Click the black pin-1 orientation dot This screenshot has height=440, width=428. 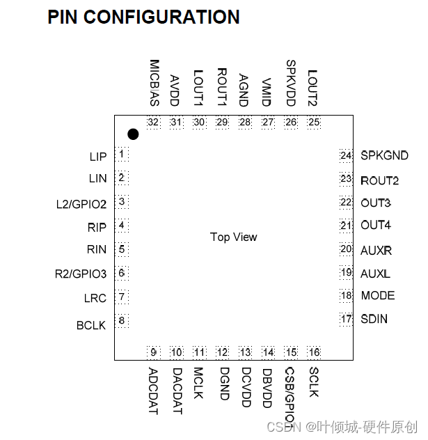click(x=133, y=134)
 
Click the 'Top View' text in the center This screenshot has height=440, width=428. click(x=234, y=237)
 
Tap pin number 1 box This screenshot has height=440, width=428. click(x=122, y=154)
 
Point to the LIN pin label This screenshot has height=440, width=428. click(x=97, y=178)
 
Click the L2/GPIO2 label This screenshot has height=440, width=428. click(x=81, y=204)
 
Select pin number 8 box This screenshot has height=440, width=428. click(x=122, y=321)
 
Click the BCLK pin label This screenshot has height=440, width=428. click(x=91, y=325)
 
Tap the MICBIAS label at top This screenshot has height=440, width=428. click(x=154, y=83)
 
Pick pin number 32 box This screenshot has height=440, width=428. click(x=154, y=123)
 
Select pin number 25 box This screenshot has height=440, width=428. click(x=314, y=123)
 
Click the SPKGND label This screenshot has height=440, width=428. click(x=384, y=156)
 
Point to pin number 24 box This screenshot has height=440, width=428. click(x=346, y=155)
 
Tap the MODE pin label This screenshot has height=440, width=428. click(x=377, y=295)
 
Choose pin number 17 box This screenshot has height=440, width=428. click(x=346, y=319)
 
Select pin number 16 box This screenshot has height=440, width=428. click(x=314, y=352)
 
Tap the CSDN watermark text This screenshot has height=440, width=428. click(x=282, y=426)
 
